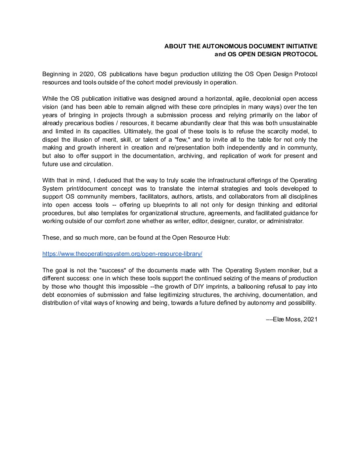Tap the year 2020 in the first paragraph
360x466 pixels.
[x=87, y=74]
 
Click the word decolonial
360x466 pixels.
[x=267, y=99]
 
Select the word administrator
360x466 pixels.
[x=285, y=221]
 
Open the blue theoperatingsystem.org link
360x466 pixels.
[x=122, y=254]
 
